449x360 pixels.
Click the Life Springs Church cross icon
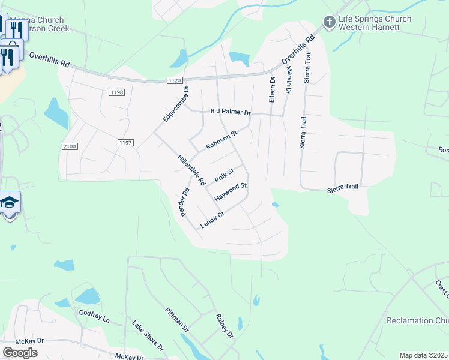328,23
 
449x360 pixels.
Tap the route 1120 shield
175,80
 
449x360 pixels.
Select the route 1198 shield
116,92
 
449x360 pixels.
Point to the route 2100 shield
70,146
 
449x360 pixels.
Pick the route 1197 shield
125,142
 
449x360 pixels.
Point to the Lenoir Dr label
212,220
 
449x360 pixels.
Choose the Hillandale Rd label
191,170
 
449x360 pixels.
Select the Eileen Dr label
272,89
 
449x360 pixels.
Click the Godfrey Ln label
94,316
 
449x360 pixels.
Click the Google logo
20,353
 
